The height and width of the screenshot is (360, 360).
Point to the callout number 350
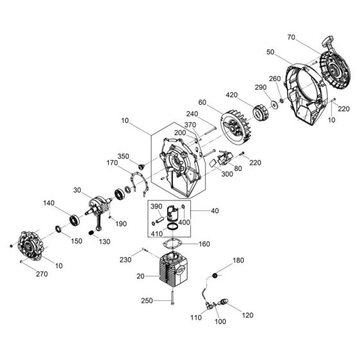[x=123, y=156]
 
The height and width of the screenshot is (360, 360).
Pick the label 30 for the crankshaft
[x=77, y=190]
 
